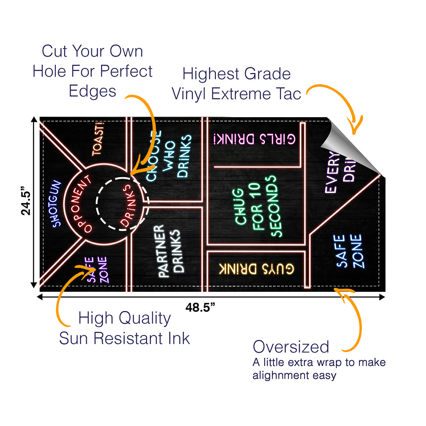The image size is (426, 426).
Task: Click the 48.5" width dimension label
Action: click(x=200, y=307)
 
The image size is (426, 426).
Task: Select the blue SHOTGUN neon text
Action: click(x=56, y=203)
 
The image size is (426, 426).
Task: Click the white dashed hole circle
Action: click(x=122, y=204)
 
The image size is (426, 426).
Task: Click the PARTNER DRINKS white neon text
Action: click(x=169, y=252)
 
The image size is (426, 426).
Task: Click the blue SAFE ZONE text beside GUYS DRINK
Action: click(x=350, y=251)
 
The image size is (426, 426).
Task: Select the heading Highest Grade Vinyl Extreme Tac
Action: click(x=236, y=83)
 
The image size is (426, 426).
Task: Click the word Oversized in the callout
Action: click(x=291, y=347)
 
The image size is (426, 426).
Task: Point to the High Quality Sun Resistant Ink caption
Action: click(x=124, y=328)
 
